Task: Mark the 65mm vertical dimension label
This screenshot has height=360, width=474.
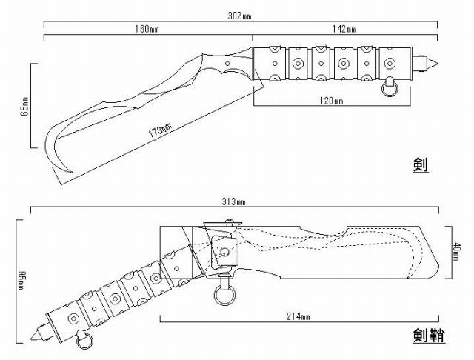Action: pos(24,105)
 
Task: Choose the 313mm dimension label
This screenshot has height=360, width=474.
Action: pos(237,202)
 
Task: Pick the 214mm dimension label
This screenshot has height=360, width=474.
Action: pos(296,317)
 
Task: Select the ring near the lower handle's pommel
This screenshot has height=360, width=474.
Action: pos(84,341)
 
